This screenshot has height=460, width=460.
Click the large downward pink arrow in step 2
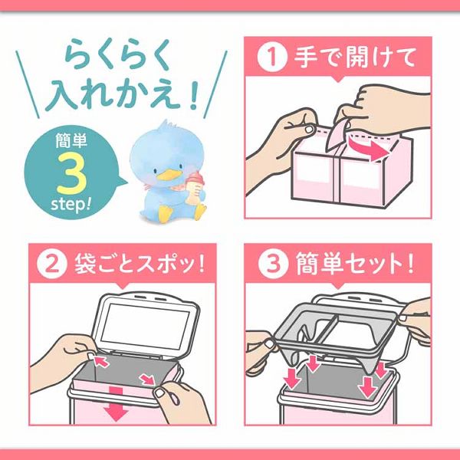[x=117, y=406]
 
